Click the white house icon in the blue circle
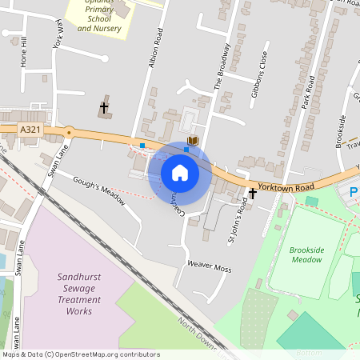pyautogui.click(x=180, y=172)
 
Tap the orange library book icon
pyautogui.click(x=192, y=141)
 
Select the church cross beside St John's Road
pyautogui.click(x=253, y=193)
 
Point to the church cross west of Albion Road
pyautogui.click(x=104, y=106)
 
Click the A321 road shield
pyautogui.click(x=30, y=129)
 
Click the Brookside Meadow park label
pyautogui.click(x=306, y=254)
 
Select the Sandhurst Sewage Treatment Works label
pyautogui.click(x=80, y=294)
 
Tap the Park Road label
pyautogui.click(x=310, y=94)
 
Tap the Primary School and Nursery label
pyautogui.click(x=94, y=18)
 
